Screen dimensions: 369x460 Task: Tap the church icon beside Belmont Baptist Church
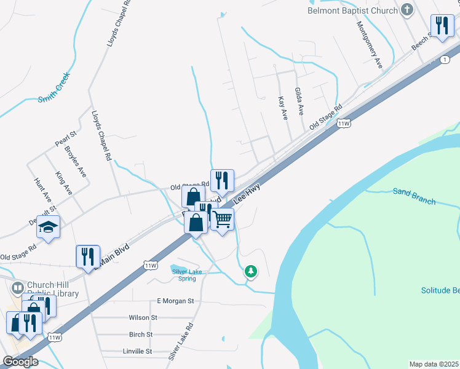click(x=406, y=9)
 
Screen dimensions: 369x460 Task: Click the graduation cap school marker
click(x=48, y=228)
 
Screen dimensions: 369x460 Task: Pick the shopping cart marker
click(x=223, y=220)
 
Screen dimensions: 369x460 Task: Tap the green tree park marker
click(x=250, y=271)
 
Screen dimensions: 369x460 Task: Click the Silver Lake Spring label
click(x=188, y=275)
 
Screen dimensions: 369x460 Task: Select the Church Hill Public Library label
click(x=54, y=290)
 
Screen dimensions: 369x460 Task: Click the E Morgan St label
click(x=175, y=301)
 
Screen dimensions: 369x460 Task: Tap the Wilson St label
click(x=143, y=318)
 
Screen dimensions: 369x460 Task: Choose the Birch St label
click(x=141, y=335)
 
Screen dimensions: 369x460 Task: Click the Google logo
click(x=20, y=362)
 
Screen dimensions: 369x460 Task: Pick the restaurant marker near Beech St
click(x=441, y=26)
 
